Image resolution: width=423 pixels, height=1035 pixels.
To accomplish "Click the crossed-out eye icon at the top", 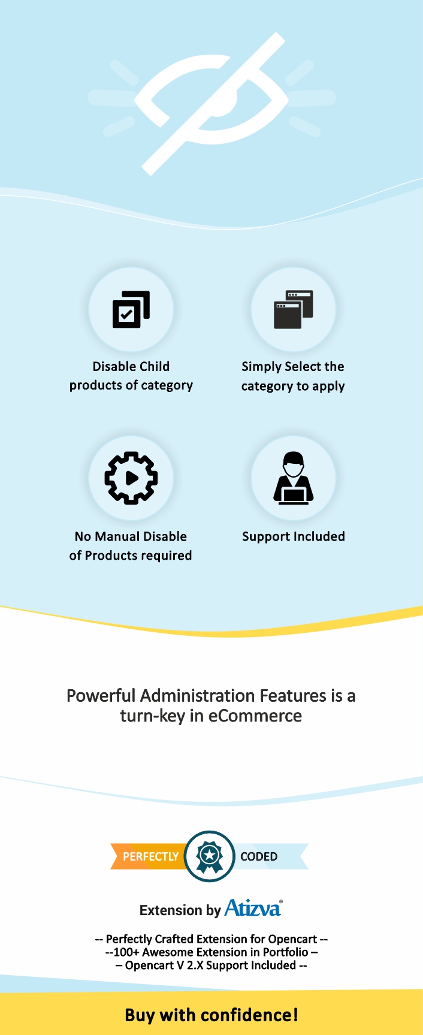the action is (211, 104).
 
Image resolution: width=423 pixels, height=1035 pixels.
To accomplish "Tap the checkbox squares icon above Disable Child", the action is (131, 309).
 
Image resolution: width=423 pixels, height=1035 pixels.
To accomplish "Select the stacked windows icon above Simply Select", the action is (293, 309).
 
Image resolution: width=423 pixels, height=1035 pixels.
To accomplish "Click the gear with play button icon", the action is (131, 478).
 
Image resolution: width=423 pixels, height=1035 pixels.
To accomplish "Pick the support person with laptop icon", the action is (294, 478).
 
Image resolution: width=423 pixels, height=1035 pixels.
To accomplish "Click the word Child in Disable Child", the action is (153, 366).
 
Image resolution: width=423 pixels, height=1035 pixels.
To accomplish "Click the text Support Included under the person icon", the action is (294, 536).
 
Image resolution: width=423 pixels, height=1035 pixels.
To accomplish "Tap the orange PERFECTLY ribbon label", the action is (150, 856).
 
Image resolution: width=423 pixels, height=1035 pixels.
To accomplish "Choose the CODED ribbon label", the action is (259, 856).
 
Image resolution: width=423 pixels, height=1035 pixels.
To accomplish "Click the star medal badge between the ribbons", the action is (210, 856).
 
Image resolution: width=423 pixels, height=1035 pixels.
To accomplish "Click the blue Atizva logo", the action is (253, 908).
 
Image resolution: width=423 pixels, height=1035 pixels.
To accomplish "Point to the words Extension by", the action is (180, 910).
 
